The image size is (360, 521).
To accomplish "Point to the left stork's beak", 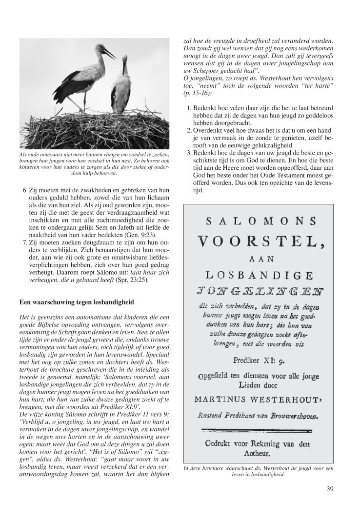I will click(x=108, y=54).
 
